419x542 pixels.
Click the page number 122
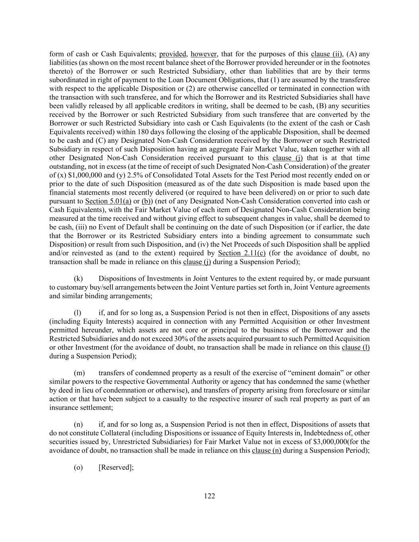pyautogui.click(x=209, y=496)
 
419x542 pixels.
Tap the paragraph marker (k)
pyautogui.click(x=78, y=278)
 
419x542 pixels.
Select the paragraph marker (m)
pyautogui.click(x=79, y=373)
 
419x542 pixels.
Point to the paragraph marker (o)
pyautogui.click(x=78, y=467)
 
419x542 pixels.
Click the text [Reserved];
pyautogui.click(x=116, y=467)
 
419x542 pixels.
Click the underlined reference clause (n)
pyautogui.click(x=266, y=450)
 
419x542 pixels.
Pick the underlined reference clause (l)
pyautogui.click(x=355, y=347)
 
